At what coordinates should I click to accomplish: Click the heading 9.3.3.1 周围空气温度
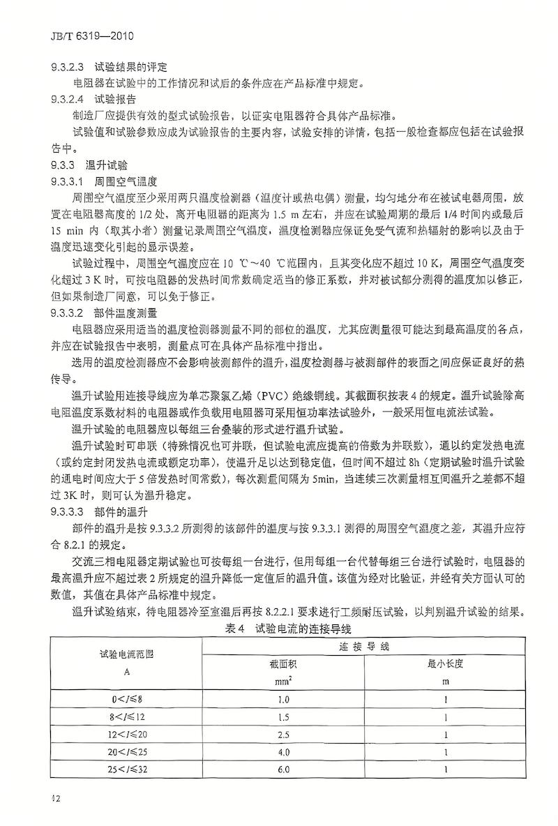pos(110,181)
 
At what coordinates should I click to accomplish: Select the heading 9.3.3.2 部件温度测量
pos(110,312)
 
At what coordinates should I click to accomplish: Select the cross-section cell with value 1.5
pos(283,716)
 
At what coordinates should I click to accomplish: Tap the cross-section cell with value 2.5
pos(283,733)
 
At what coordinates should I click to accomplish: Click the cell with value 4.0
pos(283,751)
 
